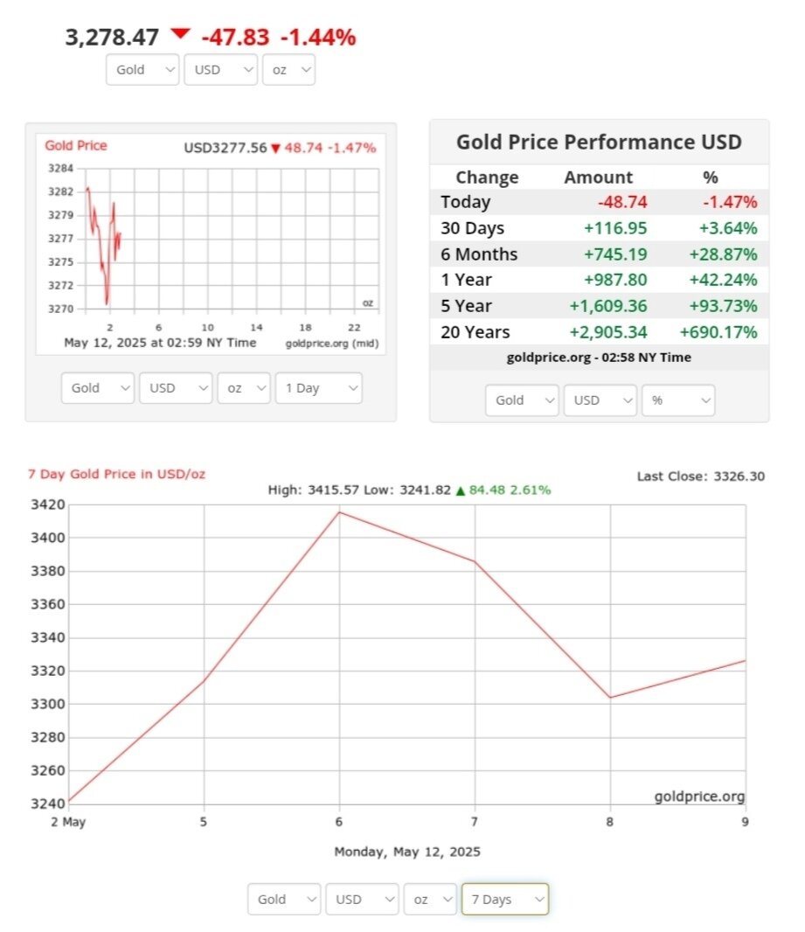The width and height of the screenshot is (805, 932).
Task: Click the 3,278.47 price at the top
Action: click(x=112, y=38)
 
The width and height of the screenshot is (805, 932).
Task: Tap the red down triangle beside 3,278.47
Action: click(x=180, y=34)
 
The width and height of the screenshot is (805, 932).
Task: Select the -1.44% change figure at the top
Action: click(x=318, y=38)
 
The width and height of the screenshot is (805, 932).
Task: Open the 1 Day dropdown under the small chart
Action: click(x=318, y=388)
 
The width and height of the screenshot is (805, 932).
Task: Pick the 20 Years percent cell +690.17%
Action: click(x=718, y=332)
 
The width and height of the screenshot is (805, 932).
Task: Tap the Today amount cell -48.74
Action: click(x=622, y=202)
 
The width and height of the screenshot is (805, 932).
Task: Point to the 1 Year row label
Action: click(x=466, y=280)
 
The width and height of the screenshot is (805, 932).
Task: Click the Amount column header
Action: click(x=599, y=177)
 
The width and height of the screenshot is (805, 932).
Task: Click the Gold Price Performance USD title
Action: click(x=599, y=143)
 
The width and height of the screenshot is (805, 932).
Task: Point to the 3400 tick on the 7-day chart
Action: click(x=48, y=538)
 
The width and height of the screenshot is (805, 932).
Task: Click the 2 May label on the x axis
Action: click(x=68, y=823)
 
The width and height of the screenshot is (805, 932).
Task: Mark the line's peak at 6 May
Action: click(x=339, y=511)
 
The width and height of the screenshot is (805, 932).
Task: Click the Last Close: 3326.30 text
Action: click(x=701, y=476)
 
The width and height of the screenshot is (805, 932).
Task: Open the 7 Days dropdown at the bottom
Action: click(x=504, y=899)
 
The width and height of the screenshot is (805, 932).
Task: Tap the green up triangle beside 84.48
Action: click(x=460, y=490)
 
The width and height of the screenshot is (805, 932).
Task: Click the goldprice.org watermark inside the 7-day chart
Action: click(x=699, y=796)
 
